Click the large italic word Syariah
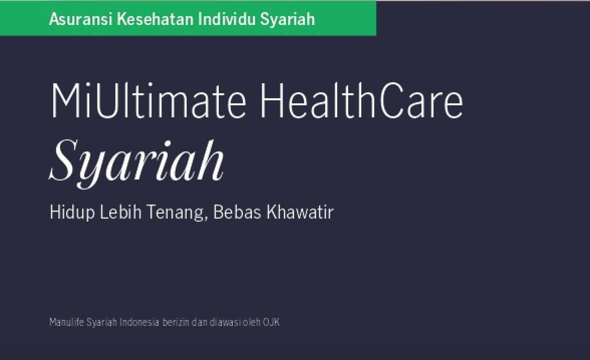click(x=136, y=161)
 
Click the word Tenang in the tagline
click(x=175, y=213)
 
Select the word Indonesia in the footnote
click(x=139, y=322)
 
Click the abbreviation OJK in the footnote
click(x=271, y=322)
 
